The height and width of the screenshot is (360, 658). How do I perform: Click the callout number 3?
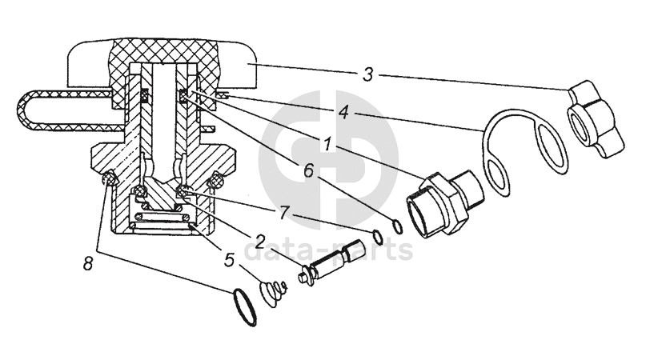[367, 75]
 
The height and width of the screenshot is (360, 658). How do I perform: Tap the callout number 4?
[343, 112]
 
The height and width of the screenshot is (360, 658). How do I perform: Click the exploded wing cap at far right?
[595, 120]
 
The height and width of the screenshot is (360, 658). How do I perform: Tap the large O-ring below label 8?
[243, 307]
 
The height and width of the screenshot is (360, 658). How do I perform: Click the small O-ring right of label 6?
[398, 226]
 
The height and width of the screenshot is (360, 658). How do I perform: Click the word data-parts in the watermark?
[328, 249]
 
